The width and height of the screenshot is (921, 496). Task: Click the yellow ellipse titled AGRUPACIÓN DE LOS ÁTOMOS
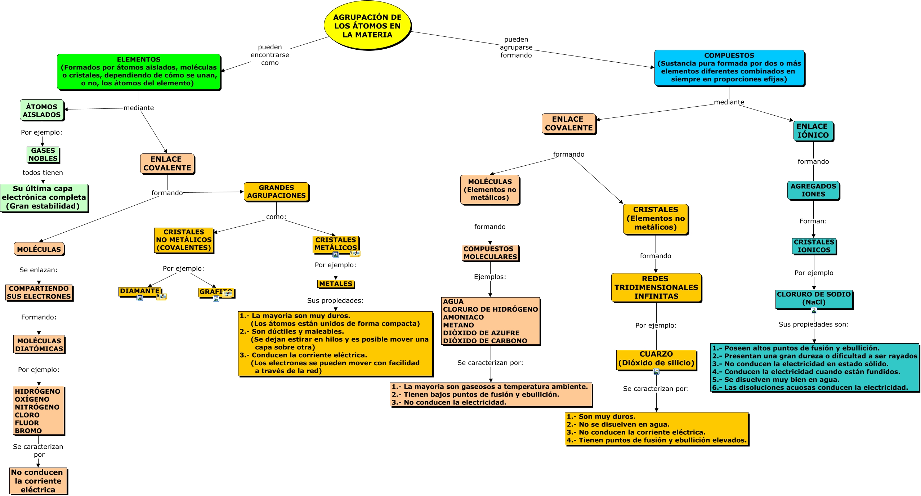click(367, 26)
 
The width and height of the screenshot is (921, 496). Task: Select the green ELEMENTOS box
click(139, 71)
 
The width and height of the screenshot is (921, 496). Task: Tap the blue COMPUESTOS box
click(729, 68)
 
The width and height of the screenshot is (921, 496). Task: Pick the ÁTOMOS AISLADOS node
click(42, 111)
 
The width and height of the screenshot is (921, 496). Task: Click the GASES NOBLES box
click(43, 155)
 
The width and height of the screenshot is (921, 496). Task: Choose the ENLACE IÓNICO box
click(813, 131)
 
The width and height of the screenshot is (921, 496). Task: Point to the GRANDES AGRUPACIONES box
click(276, 192)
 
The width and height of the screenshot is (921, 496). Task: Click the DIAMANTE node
click(140, 291)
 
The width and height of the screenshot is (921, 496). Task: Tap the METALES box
click(336, 284)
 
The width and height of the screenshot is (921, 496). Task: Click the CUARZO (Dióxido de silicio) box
click(656, 359)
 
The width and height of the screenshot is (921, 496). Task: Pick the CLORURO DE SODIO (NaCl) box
click(814, 299)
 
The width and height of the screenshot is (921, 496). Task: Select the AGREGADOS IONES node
click(813, 190)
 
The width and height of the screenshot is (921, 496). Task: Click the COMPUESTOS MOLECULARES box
click(490, 253)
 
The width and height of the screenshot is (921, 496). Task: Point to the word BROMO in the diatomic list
click(28, 431)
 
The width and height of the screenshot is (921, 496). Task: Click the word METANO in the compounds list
click(458, 325)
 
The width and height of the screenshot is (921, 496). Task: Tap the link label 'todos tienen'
click(43, 173)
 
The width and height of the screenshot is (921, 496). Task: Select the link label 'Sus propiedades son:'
click(813, 325)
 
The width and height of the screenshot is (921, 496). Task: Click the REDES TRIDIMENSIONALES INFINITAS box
click(656, 287)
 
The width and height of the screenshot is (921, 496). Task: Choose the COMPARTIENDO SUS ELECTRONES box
click(39, 292)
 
